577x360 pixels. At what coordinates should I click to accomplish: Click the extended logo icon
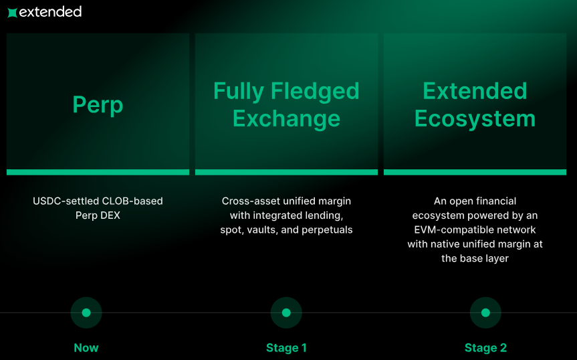tap(12, 12)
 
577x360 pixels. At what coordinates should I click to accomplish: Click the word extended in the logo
tap(50, 11)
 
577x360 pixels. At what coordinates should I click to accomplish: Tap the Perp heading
tap(98, 105)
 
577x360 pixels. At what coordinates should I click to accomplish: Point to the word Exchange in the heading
tap(286, 119)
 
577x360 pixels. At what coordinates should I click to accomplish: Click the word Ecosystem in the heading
tap(475, 119)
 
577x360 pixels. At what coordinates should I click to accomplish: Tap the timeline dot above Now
tap(86, 312)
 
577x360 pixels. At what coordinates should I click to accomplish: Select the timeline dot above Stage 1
tap(286, 312)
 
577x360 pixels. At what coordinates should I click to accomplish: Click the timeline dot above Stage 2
tap(485, 312)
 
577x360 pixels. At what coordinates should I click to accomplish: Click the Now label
tap(86, 348)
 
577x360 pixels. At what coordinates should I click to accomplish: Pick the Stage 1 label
tap(286, 348)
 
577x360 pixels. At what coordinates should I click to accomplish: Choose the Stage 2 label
tap(485, 348)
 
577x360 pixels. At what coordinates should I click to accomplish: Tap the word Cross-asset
tap(249, 201)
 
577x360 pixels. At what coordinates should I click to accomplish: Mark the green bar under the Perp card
tap(98, 172)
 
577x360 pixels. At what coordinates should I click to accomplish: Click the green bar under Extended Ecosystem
tap(475, 172)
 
